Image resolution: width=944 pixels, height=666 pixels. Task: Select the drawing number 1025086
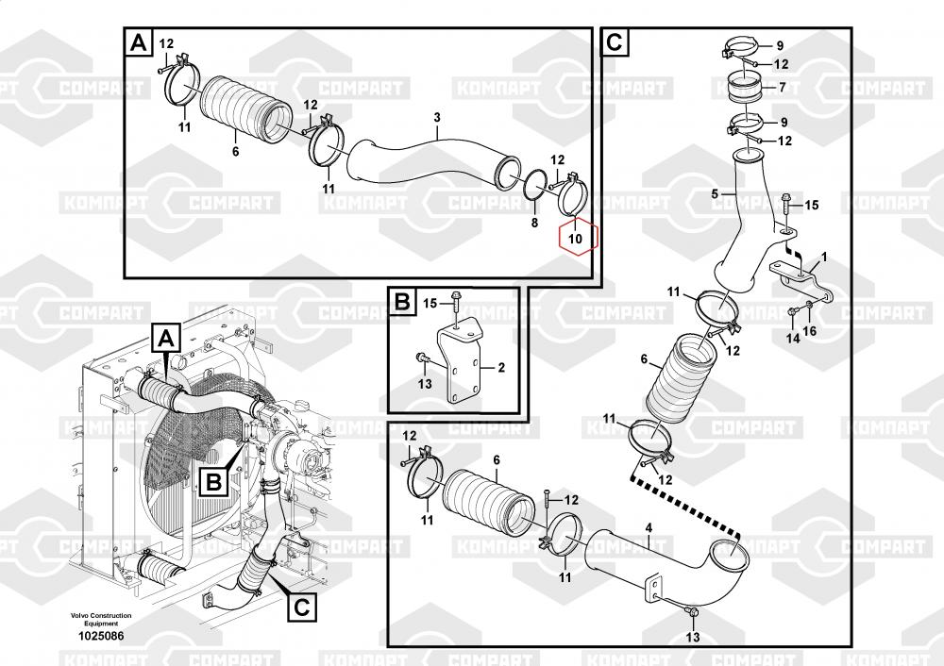[x=101, y=635]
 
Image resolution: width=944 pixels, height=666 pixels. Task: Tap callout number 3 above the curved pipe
[x=437, y=117]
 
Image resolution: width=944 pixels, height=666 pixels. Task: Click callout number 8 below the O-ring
[x=534, y=223]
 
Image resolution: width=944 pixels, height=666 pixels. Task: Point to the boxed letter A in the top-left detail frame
[x=139, y=42]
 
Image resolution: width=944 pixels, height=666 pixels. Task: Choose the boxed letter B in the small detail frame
[x=402, y=302]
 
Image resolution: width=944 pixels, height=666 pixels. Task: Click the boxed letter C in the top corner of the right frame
[x=615, y=42]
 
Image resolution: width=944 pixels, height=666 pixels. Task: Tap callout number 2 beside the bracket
[x=501, y=367]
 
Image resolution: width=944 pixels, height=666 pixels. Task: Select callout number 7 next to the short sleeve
[x=782, y=88]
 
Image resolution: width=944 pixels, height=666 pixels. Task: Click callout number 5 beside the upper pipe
[x=715, y=193]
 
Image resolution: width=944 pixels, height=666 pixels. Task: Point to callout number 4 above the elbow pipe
[x=649, y=528]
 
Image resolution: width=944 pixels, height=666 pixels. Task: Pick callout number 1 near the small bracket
[x=824, y=258]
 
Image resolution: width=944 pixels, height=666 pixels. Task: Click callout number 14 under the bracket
[x=794, y=338]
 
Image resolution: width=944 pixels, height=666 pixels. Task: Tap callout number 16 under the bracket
[x=810, y=331]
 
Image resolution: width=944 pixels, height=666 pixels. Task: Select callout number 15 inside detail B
[x=430, y=303]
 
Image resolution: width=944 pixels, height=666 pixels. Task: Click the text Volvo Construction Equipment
[x=101, y=619]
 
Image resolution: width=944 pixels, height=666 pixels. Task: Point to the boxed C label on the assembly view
[x=302, y=607]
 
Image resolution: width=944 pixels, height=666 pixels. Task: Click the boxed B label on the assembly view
[x=214, y=481]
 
